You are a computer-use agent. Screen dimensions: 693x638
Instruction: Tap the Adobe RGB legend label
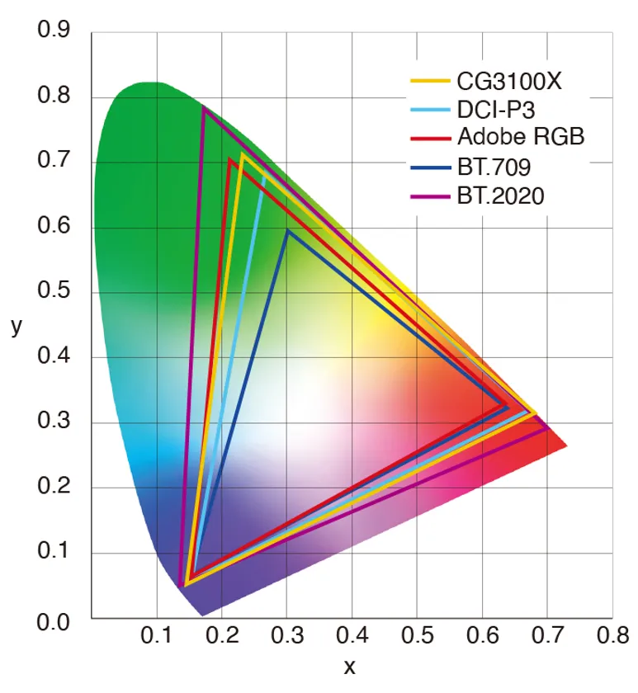[520, 136]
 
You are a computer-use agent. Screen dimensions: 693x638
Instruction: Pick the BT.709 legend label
[493, 167]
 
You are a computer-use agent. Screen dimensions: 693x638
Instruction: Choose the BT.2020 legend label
[500, 196]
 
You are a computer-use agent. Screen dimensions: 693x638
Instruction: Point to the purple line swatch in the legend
[430, 196]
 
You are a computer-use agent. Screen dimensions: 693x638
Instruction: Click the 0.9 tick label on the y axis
[54, 32]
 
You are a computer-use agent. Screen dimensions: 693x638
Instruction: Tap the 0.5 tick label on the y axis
[54, 293]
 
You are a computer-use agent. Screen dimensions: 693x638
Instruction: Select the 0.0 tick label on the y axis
[54, 620]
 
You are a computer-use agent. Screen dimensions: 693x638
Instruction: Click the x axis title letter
[350, 667]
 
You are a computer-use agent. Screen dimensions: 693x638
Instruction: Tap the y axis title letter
[17, 327]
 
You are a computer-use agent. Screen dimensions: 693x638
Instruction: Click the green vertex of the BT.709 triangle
[286, 230]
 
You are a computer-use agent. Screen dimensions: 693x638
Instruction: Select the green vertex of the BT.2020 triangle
[202, 107]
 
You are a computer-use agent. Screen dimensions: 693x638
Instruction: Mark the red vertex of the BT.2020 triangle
[549, 428]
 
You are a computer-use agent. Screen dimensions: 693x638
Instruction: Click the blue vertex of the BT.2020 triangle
[181, 586]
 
